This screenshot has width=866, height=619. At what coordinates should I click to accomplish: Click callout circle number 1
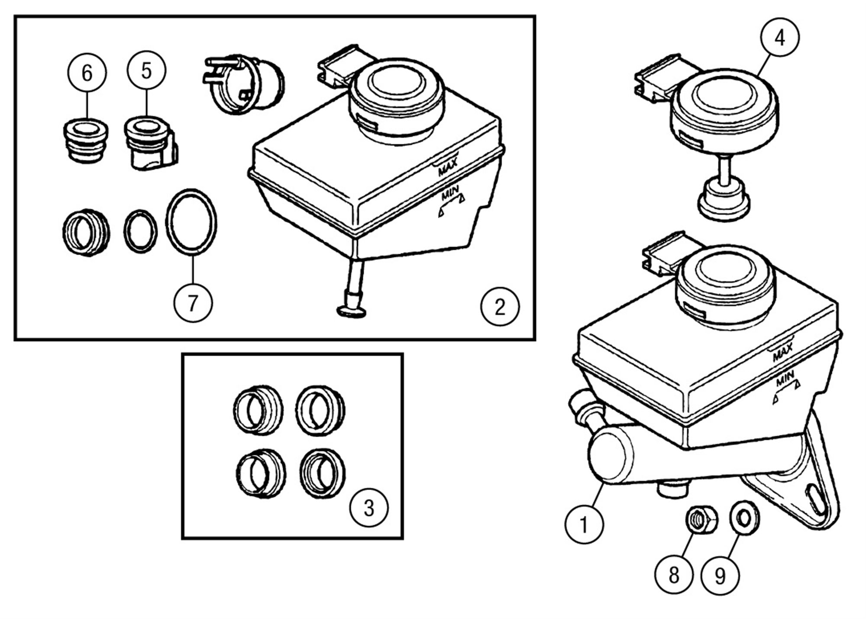[x=584, y=525]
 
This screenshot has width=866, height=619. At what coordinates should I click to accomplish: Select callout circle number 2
[x=500, y=307]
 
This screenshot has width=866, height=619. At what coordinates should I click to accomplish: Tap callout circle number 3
[x=369, y=508]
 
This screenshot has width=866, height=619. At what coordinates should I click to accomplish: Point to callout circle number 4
[x=779, y=38]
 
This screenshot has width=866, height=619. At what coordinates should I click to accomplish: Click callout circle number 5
[x=146, y=71]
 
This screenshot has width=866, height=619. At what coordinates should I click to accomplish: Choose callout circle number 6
[x=87, y=73]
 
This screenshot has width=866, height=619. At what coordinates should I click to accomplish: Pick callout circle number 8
[x=674, y=575]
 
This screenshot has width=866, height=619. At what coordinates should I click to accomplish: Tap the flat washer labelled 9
[x=744, y=517]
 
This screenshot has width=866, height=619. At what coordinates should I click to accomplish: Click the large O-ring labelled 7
[x=191, y=221]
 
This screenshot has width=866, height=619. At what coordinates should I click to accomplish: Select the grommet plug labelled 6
[x=85, y=141]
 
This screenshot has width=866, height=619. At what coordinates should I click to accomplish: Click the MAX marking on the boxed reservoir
[x=447, y=167]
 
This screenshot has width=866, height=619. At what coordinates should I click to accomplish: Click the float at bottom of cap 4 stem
[x=723, y=201]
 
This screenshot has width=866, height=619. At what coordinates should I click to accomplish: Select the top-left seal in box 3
[x=258, y=409]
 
